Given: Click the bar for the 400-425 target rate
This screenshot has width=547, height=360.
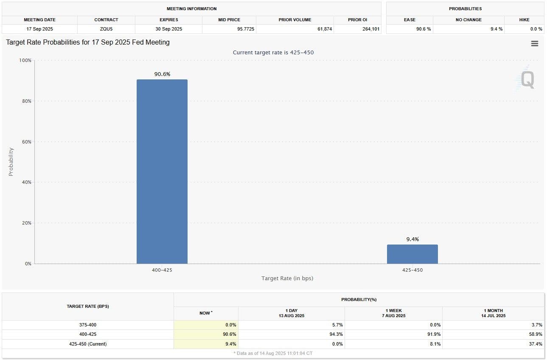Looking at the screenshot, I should pos(162,172).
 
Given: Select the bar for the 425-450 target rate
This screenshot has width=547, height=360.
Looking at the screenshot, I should pos(412,254).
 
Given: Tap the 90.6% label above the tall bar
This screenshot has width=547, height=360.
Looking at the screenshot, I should pos(162,74).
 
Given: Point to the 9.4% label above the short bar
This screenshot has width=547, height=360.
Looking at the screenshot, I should pos(412,239).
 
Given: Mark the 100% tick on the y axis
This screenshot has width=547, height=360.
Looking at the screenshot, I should pos(25,60).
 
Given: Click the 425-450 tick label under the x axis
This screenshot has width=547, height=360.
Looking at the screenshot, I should pos(412,270).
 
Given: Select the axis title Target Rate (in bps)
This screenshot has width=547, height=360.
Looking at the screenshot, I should pos(287,278).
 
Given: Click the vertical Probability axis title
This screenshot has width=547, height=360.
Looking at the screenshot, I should pos(11,162).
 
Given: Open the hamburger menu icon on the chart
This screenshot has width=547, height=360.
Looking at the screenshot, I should pos(535,44).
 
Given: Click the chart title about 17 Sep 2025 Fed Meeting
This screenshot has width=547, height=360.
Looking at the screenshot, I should pos(88,42).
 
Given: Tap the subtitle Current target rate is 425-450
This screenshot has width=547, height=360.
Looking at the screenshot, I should pos(273,53).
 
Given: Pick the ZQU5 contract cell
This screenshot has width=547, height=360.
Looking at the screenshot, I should pos(106,29).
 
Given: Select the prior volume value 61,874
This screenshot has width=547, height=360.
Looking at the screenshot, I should pos(322,29).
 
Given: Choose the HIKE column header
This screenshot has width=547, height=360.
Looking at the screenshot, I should pos(524,20).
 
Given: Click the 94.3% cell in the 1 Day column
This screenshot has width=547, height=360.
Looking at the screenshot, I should pos(336,334).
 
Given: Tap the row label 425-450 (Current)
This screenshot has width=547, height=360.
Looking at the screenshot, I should pos(88,344).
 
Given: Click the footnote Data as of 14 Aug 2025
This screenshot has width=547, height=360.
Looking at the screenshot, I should pos(273,353).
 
